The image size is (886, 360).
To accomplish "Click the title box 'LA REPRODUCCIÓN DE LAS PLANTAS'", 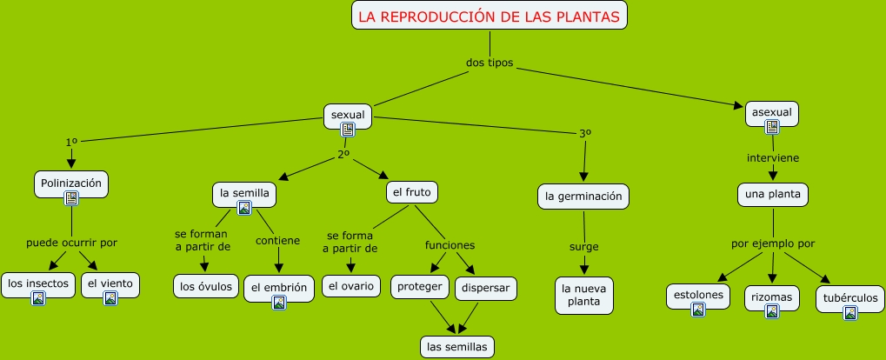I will click(490, 16).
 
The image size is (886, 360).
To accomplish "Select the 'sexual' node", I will click(348, 115).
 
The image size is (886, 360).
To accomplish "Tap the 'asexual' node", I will click(771, 112).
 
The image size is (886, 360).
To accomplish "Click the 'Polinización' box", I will click(71, 183).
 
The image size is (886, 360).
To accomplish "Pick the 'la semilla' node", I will click(243, 192).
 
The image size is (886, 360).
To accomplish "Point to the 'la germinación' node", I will click(583, 197).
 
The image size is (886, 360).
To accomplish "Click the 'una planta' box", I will click(773, 194).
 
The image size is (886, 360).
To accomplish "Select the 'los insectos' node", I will click(37, 283).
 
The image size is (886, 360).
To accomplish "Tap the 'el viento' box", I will click(110, 283).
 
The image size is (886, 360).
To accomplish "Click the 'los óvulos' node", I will click(206, 285).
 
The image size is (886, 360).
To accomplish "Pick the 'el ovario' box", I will click(351, 285).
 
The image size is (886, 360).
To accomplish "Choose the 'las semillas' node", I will click(456, 346).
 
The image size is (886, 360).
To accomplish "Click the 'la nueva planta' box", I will click(584, 295).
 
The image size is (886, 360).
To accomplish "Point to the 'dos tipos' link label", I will click(490, 63).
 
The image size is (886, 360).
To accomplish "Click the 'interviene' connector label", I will click(772, 158).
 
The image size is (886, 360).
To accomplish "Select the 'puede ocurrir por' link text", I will click(71, 243).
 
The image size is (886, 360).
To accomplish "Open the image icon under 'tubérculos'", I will click(849, 313).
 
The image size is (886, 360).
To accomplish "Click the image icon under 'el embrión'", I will click(278, 303).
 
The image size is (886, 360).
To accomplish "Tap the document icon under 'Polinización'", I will click(71, 198).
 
